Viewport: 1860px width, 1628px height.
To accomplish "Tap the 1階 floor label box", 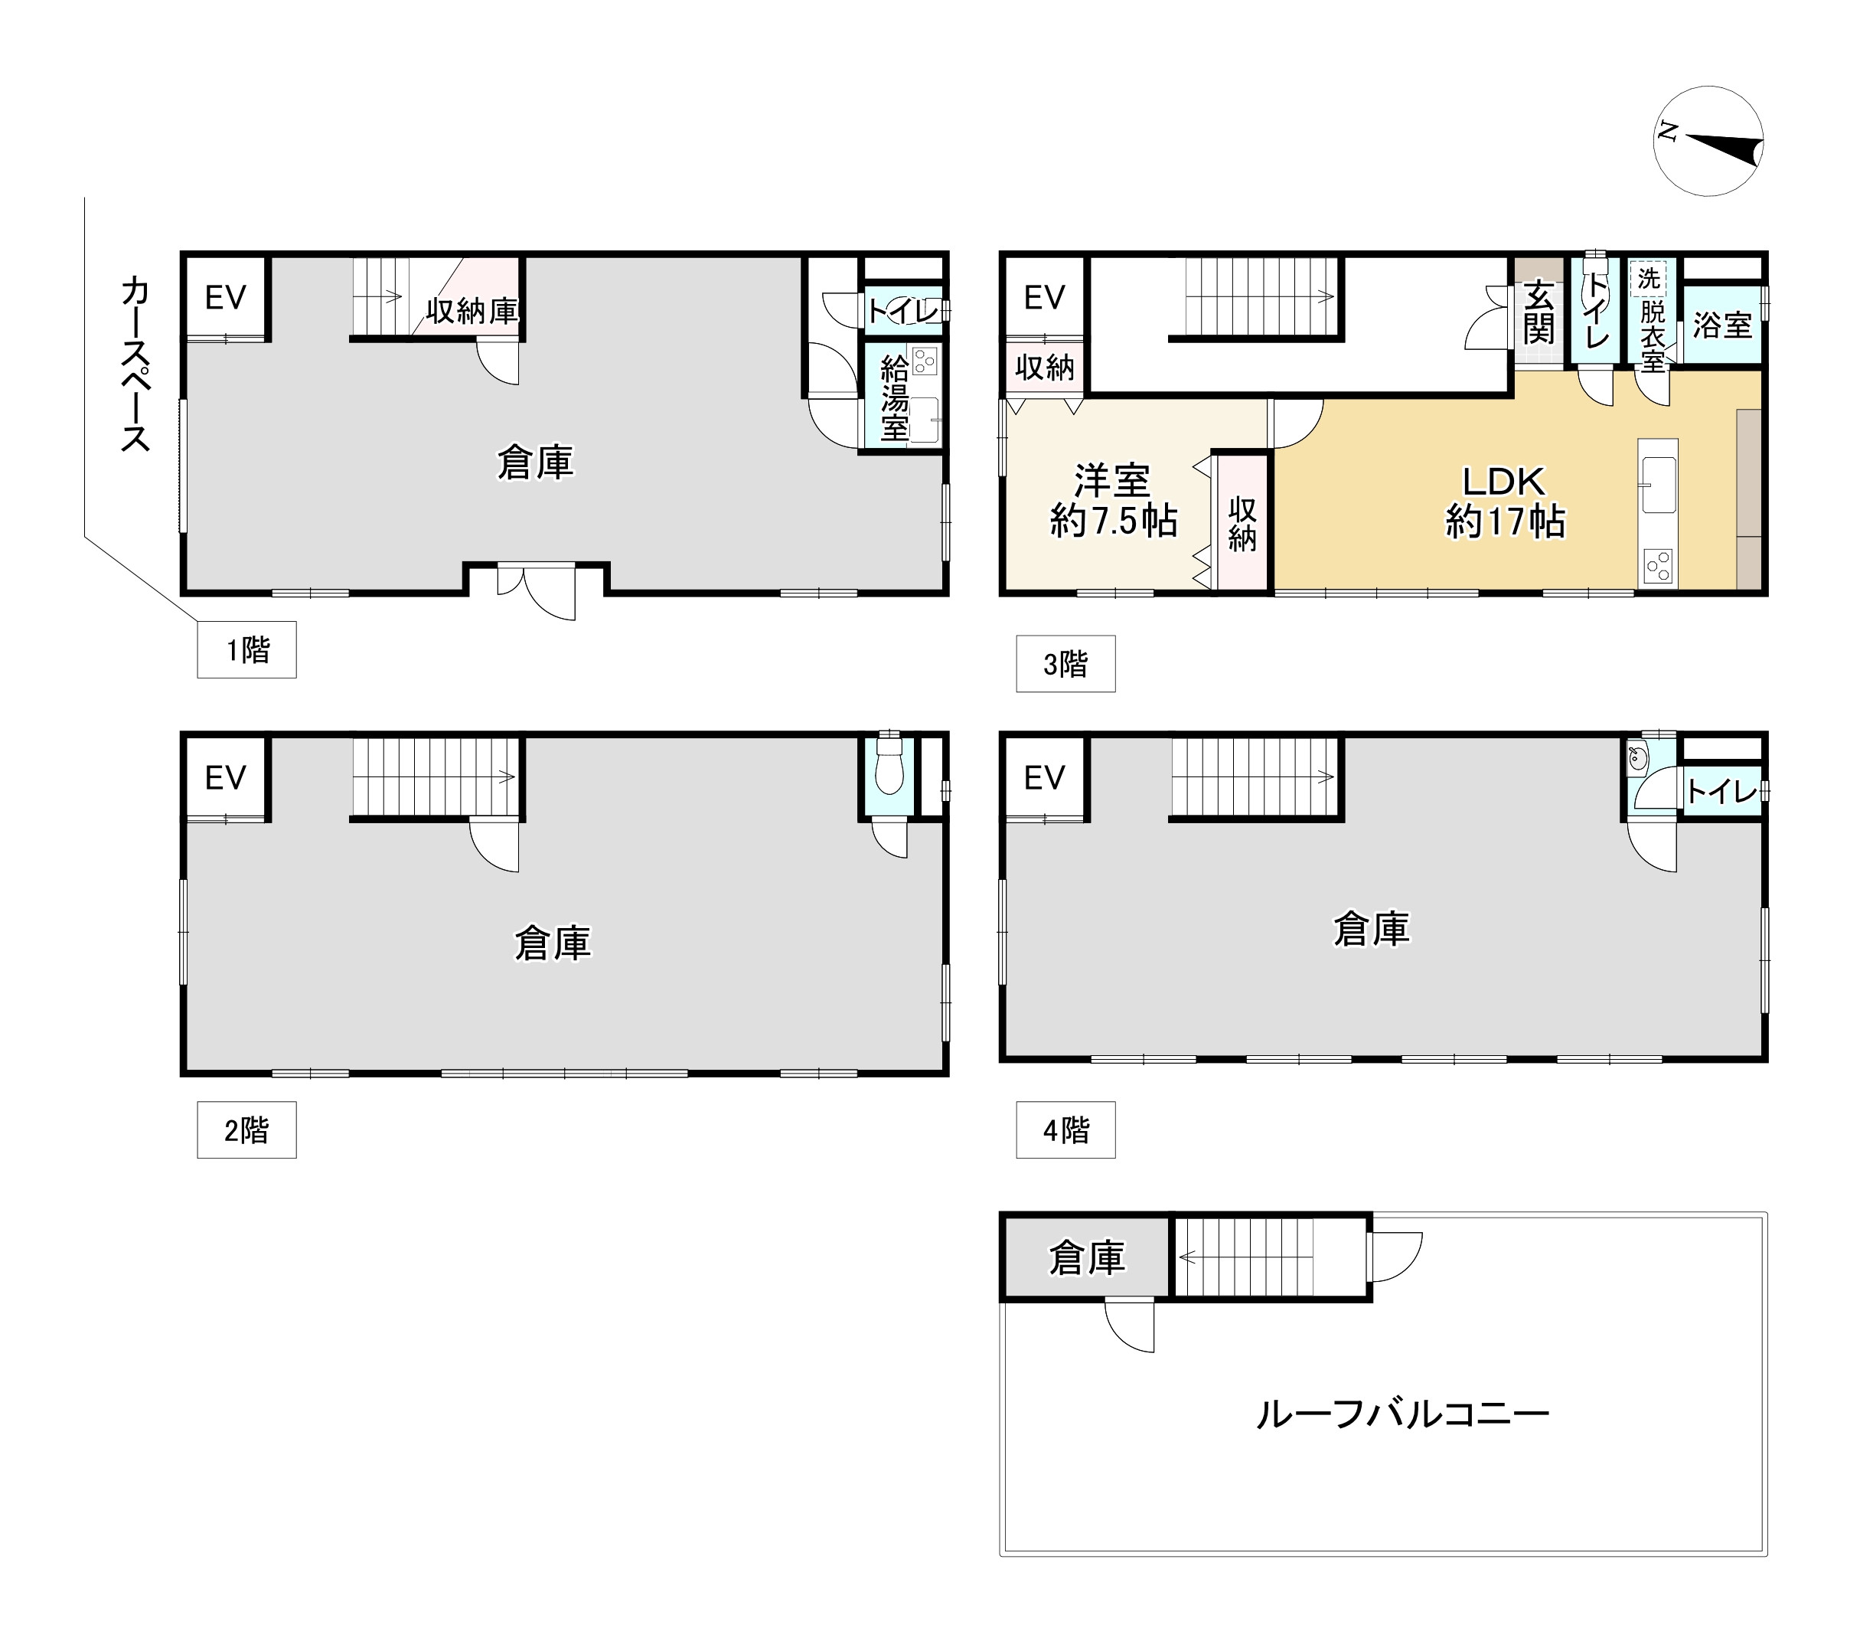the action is [247, 649].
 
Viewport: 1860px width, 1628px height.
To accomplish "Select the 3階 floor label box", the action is [1065, 664].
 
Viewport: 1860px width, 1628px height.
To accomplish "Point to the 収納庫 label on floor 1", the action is [472, 312].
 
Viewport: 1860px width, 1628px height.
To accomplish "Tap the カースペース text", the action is [135, 365].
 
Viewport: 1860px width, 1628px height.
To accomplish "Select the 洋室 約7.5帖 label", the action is [1114, 501].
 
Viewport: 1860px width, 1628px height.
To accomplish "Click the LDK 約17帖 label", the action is [1505, 502].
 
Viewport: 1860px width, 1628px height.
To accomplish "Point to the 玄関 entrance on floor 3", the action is [1539, 313].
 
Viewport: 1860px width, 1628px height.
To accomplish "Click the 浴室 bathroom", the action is [1722, 325].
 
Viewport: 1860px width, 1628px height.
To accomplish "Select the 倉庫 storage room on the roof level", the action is [1086, 1257].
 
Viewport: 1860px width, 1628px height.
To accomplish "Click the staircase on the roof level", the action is [1270, 1257].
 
